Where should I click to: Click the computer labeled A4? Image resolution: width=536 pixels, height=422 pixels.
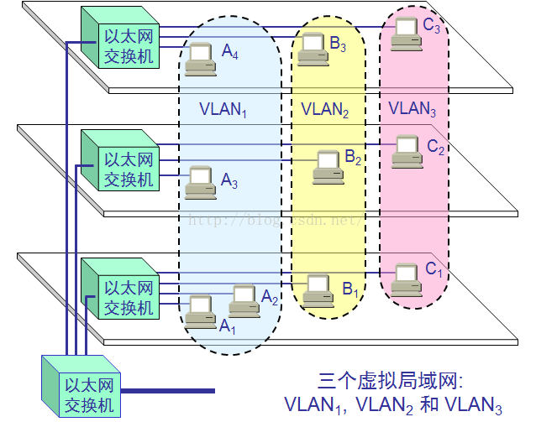click(x=201, y=59)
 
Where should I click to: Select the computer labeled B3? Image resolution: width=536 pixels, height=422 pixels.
click(x=313, y=49)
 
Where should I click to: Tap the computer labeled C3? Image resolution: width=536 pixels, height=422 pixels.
click(x=406, y=34)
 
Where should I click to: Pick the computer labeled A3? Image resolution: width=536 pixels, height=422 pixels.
click(x=201, y=182)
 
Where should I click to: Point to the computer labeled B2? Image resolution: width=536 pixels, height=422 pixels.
click(x=328, y=167)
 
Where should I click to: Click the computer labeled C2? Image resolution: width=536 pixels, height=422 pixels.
click(x=407, y=152)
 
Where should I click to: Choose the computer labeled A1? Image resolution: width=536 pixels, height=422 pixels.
click(x=201, y=312)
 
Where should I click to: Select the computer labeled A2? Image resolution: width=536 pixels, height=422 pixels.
click(x=244, y=300)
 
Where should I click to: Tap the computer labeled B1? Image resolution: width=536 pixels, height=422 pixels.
click(x=318, y=291)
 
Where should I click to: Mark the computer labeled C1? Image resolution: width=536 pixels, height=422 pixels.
click(x=407, y=280)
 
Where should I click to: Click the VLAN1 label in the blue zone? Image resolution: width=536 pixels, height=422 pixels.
click(x=223, y=110)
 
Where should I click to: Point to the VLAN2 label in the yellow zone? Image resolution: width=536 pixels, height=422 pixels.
click(x=325, y=110)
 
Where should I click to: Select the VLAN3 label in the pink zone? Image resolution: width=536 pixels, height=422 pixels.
click(x=413, y=109)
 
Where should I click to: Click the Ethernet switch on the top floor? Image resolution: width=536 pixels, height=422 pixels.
click(x=120, y=37)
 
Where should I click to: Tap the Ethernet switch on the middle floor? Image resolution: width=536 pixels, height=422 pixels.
click(x=120, y=160)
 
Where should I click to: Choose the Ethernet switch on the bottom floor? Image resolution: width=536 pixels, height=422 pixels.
click(x=120, y=289)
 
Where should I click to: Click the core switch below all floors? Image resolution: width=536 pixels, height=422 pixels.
click(x=81, y=386)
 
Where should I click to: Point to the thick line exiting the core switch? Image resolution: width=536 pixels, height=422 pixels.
click(x=168, y=391)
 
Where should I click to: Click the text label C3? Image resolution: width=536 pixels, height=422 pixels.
click(x=431, y=26)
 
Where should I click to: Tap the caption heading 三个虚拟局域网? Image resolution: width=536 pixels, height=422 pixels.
click(x=391, y=381)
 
